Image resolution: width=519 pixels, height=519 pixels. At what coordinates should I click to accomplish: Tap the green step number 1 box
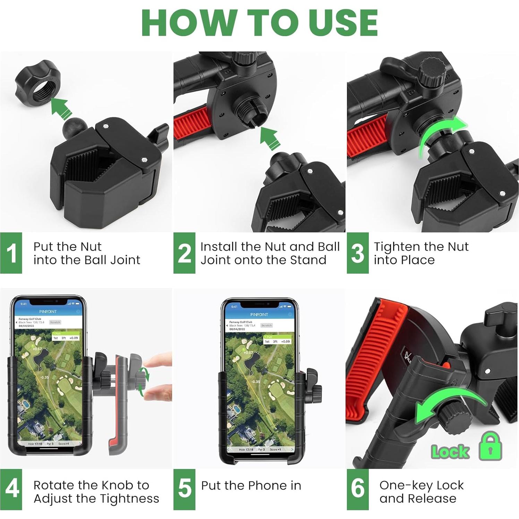click(11, 253)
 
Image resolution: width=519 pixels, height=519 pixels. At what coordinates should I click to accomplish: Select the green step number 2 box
click(184, 253)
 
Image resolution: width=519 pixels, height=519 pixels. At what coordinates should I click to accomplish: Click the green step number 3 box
click(357, 253)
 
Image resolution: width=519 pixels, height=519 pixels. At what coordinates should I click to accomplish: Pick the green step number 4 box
click(11, 489)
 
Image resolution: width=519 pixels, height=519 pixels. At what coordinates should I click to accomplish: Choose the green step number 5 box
click(184, 489)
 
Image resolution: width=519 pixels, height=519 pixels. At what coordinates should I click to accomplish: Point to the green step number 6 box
click(357, 489)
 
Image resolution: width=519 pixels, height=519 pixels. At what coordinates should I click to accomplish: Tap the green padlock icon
click(490, 447)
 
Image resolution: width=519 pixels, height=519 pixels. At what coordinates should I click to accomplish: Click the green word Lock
click(450, 452)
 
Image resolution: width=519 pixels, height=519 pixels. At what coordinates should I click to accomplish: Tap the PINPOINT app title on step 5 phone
click(259, 314)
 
